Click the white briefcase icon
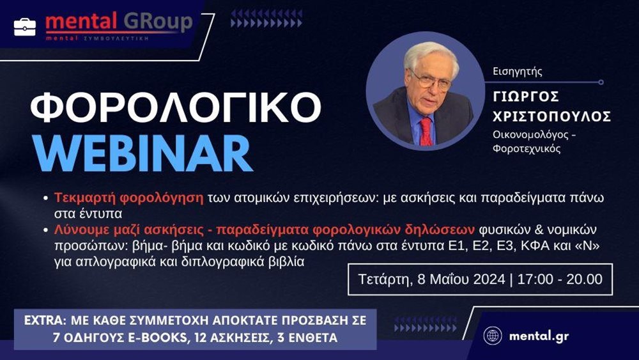click(25, 26)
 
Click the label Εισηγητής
click(518, 72)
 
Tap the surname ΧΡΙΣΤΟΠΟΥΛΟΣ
click(552, 116)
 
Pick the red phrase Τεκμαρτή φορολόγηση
click(128, 197)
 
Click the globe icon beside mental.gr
click(493, 336)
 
